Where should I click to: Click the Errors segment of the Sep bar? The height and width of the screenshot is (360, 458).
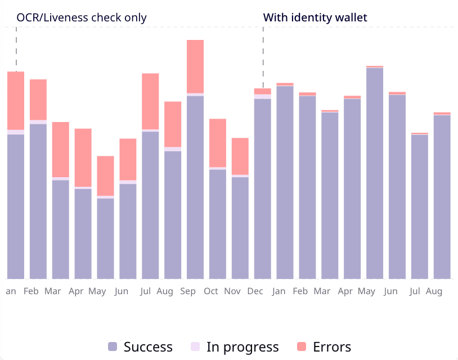click(x=195, y=66)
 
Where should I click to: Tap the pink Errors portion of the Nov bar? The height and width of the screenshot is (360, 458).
click(x=240, y=156)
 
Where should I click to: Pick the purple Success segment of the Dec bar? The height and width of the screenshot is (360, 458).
click(x=263, y=188)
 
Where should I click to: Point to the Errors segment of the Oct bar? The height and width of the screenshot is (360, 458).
click(x=218, y=143)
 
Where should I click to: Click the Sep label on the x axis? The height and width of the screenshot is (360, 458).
click(x=188, y=291)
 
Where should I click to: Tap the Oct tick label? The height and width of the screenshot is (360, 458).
click(x=211, y=291)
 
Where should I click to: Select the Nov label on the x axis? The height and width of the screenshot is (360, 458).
click(x=233, y=291)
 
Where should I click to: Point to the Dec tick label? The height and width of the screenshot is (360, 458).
click(x=255, y=291)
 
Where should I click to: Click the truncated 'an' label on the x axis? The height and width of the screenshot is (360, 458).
click(x=11, y=291)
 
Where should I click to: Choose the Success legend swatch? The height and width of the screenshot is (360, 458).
click(x=113, y=347)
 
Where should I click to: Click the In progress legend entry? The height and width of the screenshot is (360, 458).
click(x=242, y=347)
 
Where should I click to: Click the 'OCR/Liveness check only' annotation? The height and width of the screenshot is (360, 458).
click(x=82, y=17)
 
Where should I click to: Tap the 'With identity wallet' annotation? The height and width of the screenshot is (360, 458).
click(x=315, y=17)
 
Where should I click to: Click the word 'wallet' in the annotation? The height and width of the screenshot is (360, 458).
click(x=349, y=17)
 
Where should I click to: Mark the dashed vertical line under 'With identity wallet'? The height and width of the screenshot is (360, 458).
click(x=263, y=56)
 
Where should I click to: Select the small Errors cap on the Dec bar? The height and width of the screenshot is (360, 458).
click(x=263, y=91)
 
